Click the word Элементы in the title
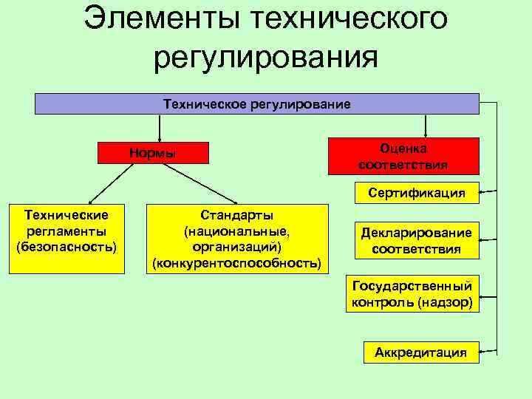(160, 18)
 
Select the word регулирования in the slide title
(266, 56)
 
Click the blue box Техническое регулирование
(256, 103)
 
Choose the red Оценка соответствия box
(403, 156)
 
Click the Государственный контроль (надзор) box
(412, 294)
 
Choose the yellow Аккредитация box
(420, 352)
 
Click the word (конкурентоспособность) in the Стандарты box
(236, 263)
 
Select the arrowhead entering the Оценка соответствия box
(424, 133)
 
